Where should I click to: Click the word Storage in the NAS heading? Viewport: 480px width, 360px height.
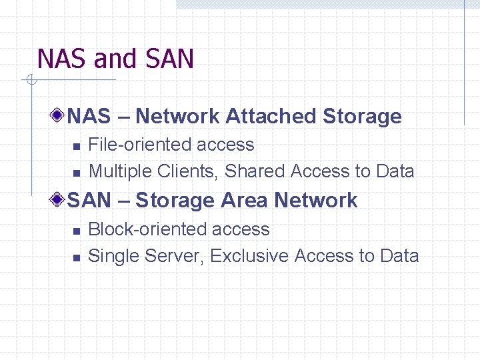[362, 117]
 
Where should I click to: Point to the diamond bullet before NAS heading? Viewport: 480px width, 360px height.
[60, 115]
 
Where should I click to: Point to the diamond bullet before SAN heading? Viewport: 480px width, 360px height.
[60, 199]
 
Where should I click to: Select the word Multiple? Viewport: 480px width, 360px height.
[121, 171]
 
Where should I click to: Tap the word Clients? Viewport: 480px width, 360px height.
[189, 171]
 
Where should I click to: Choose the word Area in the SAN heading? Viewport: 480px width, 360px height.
[244, 201]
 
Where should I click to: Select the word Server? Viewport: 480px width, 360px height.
[173, 256]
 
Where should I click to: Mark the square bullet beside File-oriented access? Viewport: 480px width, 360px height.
[77, 146]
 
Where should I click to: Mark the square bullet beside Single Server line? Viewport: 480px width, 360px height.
[77, 257]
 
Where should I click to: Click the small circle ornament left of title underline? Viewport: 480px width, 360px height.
[29, 81]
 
